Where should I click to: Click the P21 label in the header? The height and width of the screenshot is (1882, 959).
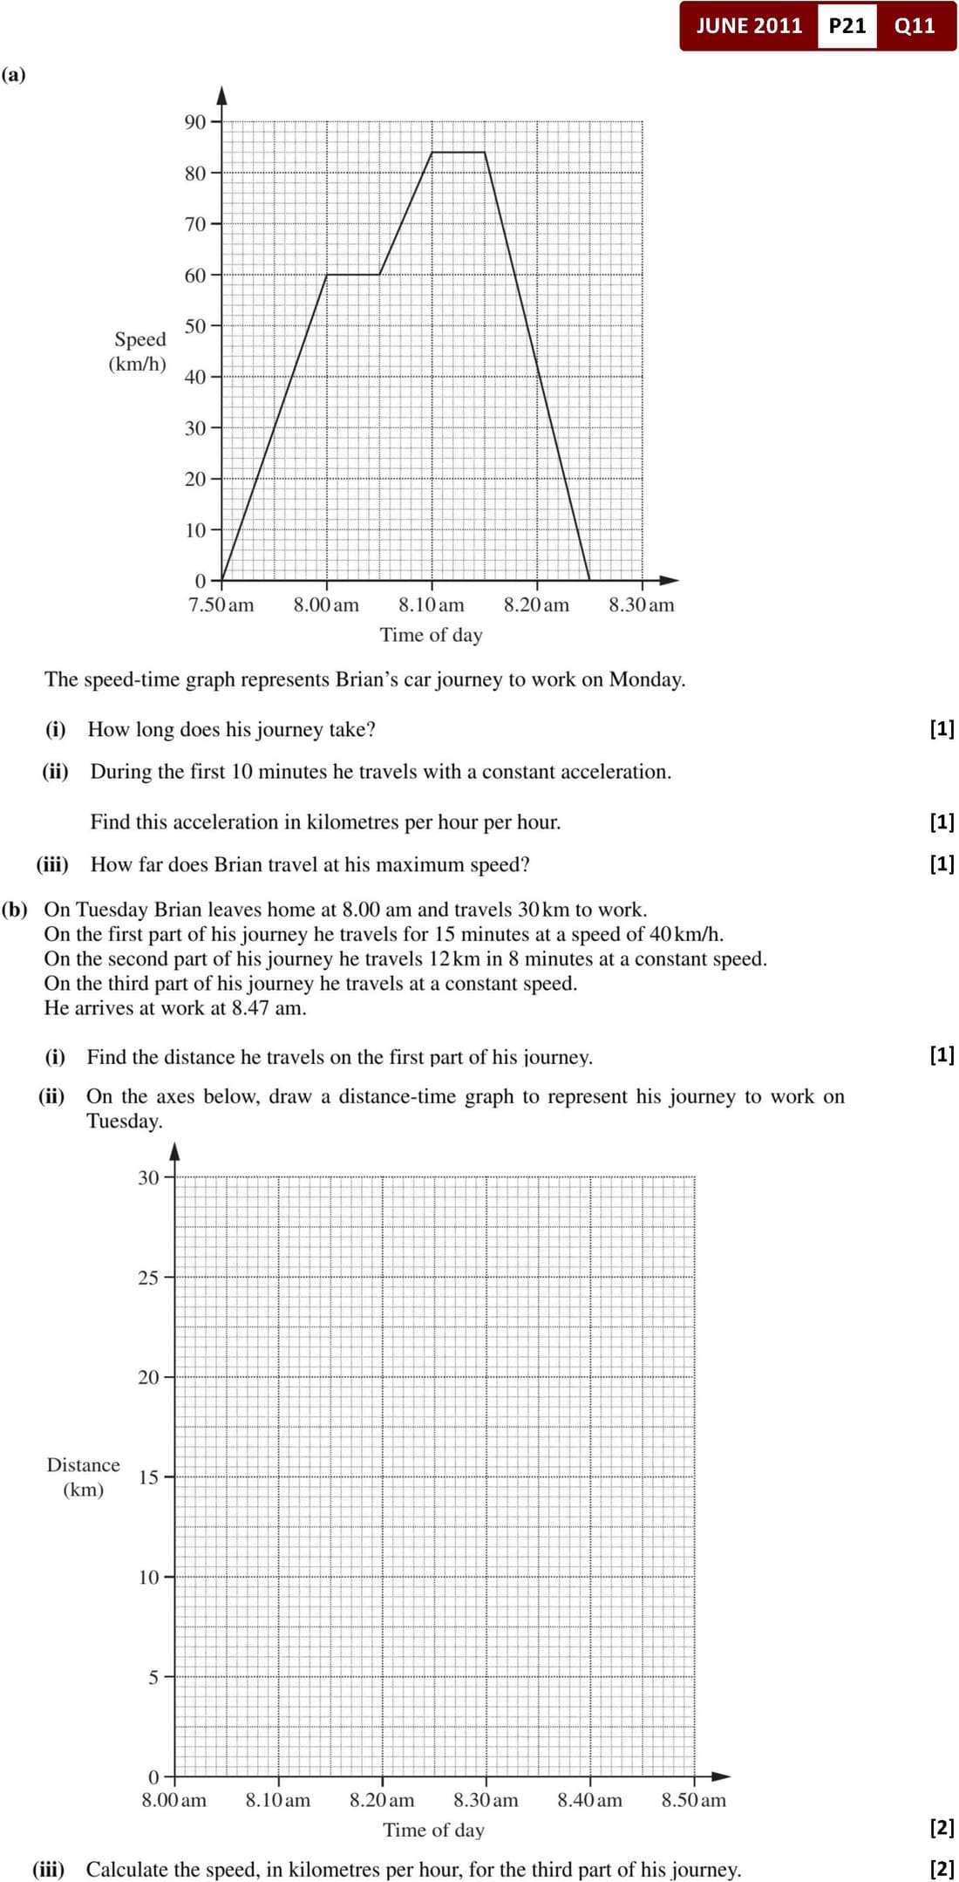pyautogui.click(x=847, y=25)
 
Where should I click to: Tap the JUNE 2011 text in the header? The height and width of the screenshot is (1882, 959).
pyautogui.click(x=749, y=25)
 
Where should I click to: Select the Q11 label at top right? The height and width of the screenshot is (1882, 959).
pyautogui.click(x=915, y=25)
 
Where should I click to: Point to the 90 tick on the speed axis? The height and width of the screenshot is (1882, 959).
pyautogui.click(x=195, y=122)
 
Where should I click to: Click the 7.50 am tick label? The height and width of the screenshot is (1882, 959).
pyautogui.click(x=221, y=604)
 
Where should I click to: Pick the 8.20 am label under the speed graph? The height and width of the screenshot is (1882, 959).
pyautogui.click(x=536, y=604)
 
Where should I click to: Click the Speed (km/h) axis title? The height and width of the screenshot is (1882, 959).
pyautogui.click(x=139, y=351)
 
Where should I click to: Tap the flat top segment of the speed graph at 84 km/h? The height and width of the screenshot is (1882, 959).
pyautogui.click(x=459, y=152)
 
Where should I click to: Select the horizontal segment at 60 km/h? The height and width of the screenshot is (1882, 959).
pyautogui.click(x=353, y=275)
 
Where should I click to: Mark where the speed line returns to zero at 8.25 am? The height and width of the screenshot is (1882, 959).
pyautogui.click(x=589, y=580)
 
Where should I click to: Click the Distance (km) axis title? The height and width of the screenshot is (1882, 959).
pyautogui.click(x=84, y=1476)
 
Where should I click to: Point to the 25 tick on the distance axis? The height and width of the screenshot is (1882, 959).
pyautogui.click(x=149, y=1278)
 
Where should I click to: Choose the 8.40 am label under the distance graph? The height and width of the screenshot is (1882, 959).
pyautogui.click(x=590, y=1800)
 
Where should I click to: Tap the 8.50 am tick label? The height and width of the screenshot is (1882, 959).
pyautogui.click(x=694, y=1800)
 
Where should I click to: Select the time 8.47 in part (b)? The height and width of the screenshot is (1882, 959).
pyautogui.click(x=250, y=1008)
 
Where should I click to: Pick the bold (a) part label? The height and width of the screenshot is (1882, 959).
pyautogui.click(x=14, y=75)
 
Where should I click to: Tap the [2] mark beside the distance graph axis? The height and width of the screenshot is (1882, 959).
pyautogui.click(x=942, y=1827)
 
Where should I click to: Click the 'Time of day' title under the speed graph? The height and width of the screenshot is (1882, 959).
pyautogui.click(x=431, y=635)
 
